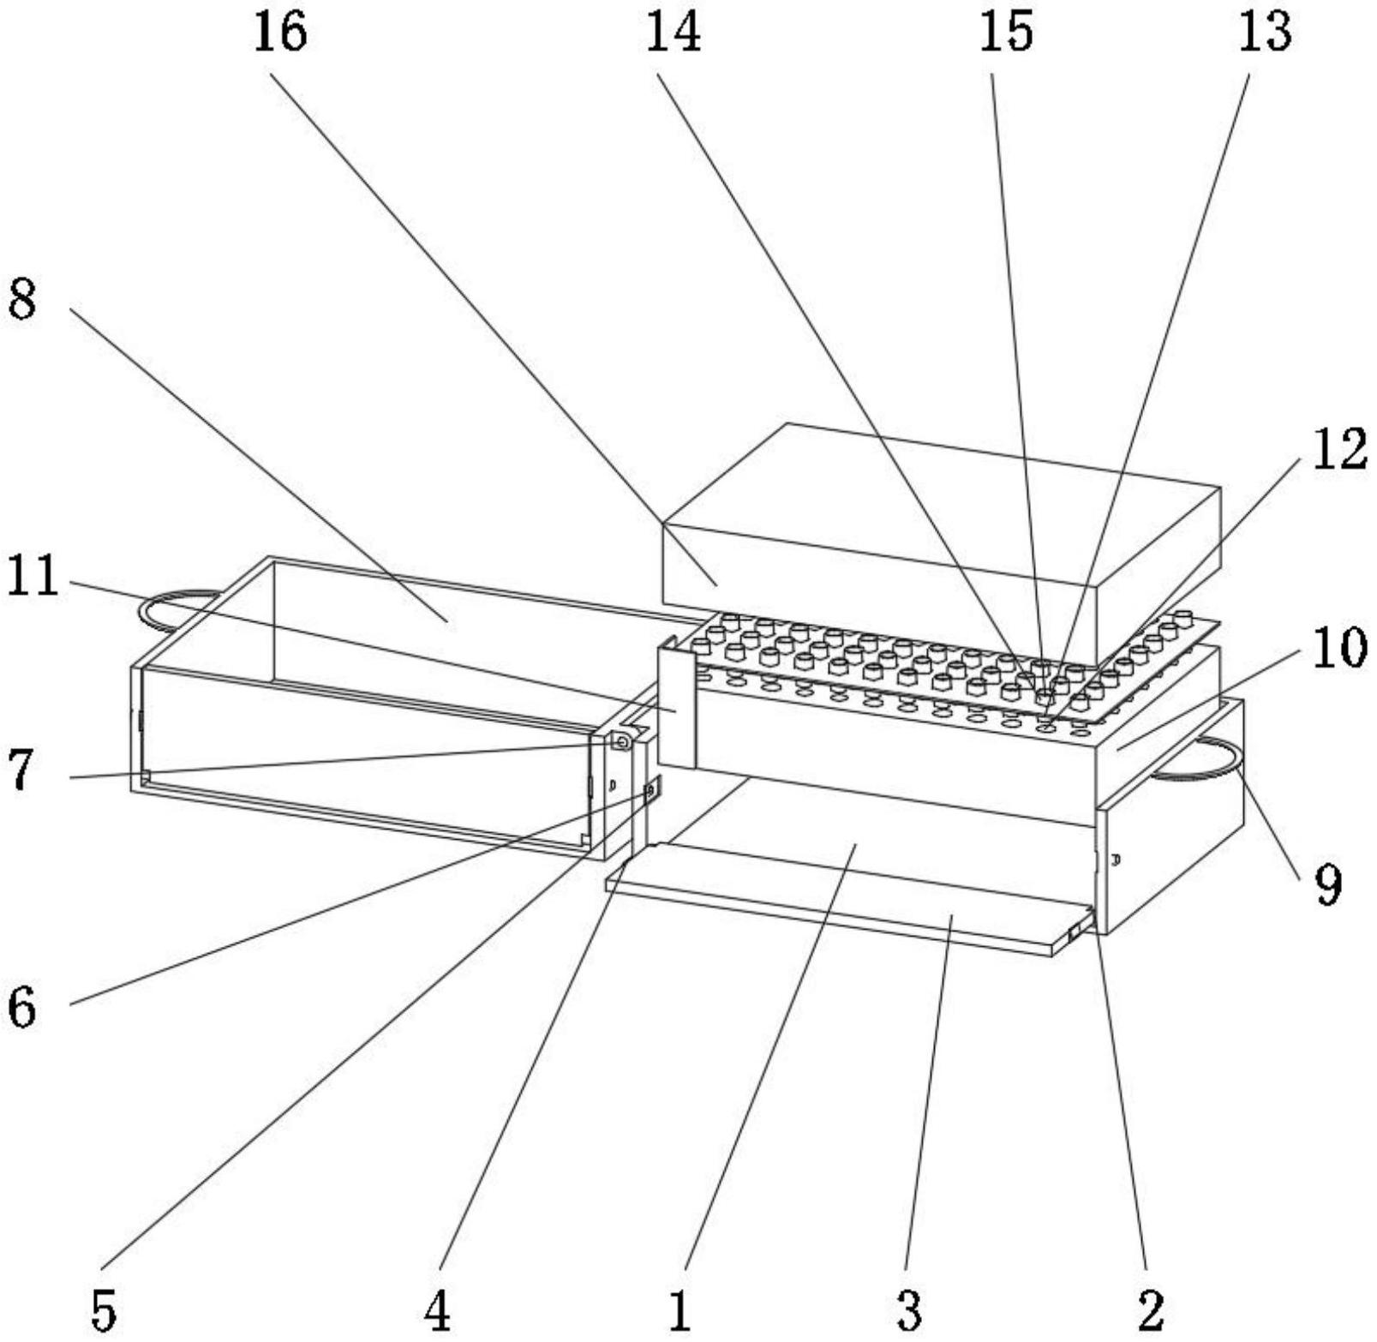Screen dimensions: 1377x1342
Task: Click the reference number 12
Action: click(x=1338, y=449)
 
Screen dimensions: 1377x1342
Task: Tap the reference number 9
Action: click(x=1328, y=884)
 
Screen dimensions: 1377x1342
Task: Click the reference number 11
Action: click(x=32, y=575)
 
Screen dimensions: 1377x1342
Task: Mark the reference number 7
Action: click(x=21, y=770)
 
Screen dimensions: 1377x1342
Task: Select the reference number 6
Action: click(x=21, y=1008)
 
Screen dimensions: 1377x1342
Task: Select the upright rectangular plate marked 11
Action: click(x=676, y=708)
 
